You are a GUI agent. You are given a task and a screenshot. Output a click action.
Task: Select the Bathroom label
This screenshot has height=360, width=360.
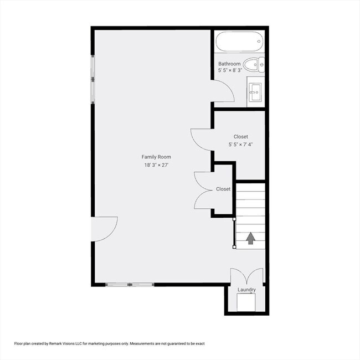[229, 64]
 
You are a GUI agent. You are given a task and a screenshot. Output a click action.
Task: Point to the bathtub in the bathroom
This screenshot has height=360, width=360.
[239, 43]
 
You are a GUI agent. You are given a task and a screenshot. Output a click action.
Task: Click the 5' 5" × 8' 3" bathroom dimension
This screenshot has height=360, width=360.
[229, 71]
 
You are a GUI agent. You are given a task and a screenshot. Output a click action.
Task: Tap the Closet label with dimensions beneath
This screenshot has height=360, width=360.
[241, 136]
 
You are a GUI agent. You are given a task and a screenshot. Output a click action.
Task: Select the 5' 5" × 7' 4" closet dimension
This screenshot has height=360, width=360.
[241, 145]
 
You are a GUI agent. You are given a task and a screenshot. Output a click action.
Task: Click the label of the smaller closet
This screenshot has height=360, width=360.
[223, 189]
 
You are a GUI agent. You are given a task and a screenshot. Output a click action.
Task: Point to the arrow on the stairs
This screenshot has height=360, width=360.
[250, 238]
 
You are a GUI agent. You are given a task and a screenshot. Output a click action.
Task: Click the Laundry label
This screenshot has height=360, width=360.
[246, 290]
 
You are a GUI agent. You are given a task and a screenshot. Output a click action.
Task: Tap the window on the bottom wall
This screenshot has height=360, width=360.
[130, 285]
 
